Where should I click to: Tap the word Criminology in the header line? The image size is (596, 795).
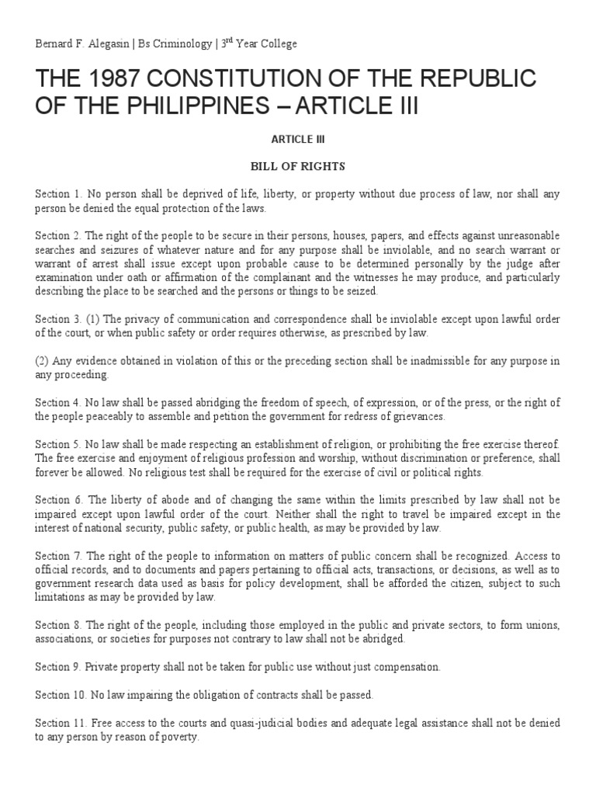pyautogui.click(x=182, y=44)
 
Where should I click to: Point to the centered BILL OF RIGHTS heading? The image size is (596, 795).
pyautogui.click(x=297, y=166)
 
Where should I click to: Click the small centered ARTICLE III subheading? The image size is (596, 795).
pyautogui.click(x=297, y=138)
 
